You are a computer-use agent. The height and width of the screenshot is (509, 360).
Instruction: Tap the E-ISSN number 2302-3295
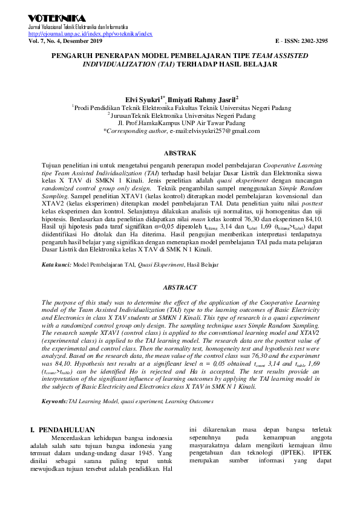[318, 41]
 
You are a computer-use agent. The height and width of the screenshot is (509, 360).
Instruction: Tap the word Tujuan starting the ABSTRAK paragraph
[51, 164]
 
